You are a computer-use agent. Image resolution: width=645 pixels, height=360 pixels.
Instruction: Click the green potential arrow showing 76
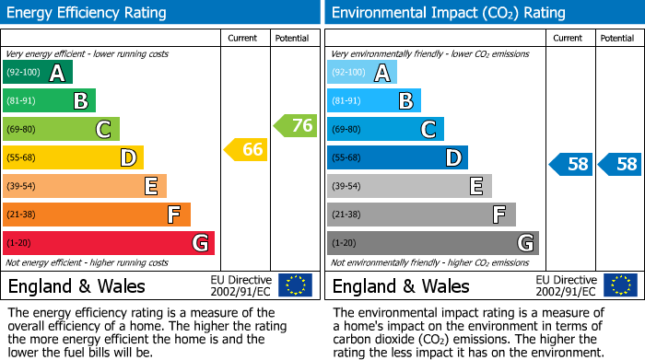coord(296,125)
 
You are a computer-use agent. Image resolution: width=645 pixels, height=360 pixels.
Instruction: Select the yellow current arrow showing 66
coord(247,149)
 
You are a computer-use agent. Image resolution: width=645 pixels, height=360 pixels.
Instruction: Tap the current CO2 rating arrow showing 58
coord(571,165)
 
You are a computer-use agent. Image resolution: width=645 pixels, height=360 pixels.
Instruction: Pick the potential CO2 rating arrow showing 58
coord(620,165)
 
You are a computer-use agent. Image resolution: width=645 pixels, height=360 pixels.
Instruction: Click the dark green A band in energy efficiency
coord(38,73)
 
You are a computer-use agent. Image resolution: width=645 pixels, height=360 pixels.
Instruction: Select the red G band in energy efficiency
coord(108,243)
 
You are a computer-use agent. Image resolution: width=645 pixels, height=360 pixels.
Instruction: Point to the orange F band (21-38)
coord(96,215)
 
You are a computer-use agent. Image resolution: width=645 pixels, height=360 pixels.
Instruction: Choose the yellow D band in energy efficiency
coord(73,157)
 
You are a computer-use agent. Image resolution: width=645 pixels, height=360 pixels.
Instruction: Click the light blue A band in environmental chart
coord(362,73)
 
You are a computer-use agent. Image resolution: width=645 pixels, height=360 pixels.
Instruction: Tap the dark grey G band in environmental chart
coord(432,243)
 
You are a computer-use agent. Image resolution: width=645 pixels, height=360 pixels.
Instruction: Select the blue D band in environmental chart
coord(397,157)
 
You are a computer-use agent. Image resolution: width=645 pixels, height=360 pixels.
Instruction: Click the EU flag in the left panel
coord(295,285)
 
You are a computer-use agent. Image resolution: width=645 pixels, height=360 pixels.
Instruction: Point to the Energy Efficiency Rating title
coord(88,13)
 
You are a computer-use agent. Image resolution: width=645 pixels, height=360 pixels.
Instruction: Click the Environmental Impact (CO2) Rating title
coord(448,13)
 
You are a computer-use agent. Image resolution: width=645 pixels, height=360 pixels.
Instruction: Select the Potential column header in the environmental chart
coord(617,38)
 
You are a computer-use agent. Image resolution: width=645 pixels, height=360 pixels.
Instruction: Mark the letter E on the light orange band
coord(150,186)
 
